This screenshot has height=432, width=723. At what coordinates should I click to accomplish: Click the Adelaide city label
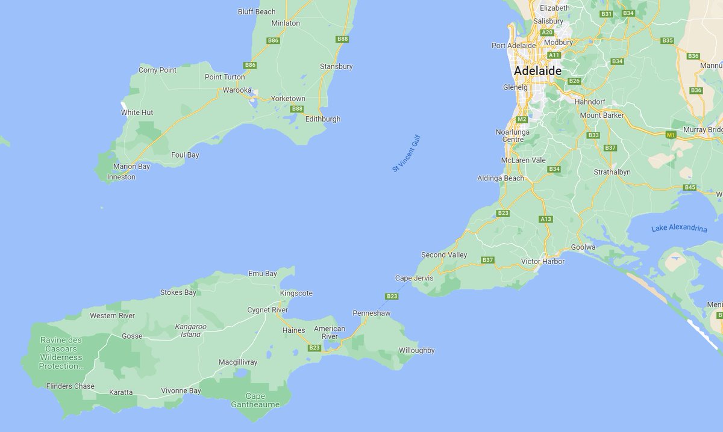(537, 70)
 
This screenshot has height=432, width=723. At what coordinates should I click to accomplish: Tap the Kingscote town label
(296, 293)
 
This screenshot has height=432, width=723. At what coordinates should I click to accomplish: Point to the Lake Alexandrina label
(678, 229)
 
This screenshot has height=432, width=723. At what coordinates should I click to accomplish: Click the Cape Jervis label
(414, 278)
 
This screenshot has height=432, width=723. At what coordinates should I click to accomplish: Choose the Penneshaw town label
(371, 313)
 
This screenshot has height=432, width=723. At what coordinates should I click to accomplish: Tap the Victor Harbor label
(543, 261)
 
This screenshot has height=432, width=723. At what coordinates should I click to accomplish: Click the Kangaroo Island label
(190, 330)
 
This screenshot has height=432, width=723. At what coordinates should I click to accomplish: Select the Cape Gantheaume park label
(255, 400)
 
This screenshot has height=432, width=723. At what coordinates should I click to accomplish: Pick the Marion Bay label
(131, 166)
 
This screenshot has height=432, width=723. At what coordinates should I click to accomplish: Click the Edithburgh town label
(323, 119)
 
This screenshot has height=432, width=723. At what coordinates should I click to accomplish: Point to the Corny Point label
(157, 70)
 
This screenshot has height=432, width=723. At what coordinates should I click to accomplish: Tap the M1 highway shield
(671, 135)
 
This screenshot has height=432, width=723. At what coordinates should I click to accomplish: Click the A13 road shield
(546, 219)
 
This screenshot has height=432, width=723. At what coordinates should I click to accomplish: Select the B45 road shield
(690, 187)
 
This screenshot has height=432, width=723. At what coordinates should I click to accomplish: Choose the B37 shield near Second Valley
(487, 260)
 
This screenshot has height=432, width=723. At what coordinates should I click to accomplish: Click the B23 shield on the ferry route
(392, 296)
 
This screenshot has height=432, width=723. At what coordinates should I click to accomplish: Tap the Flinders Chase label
(70, 386)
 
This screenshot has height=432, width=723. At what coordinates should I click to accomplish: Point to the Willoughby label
(416, 350)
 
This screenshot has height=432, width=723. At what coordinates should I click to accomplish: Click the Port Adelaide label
(513, 45)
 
